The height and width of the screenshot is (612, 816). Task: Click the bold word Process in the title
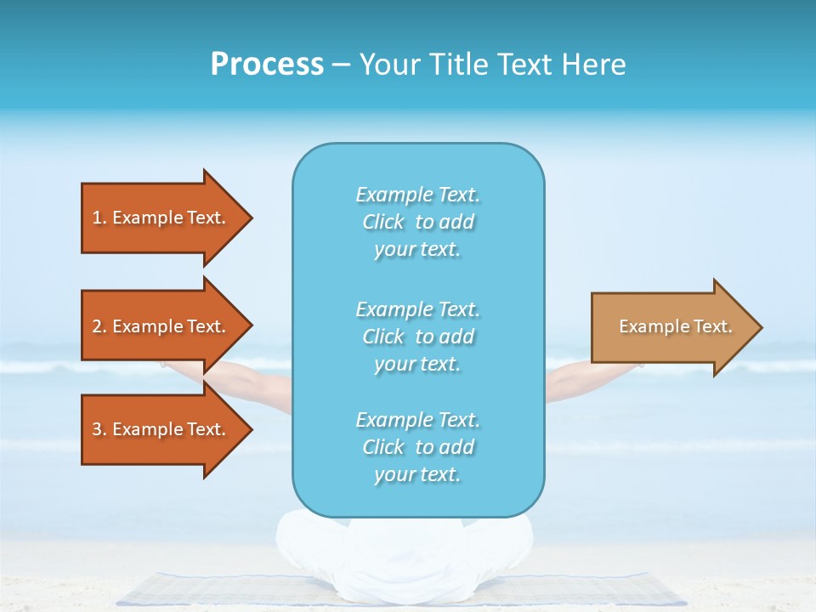[267, 65]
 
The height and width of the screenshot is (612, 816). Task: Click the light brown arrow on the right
[671, 326]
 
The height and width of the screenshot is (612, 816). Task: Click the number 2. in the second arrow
[99, 326]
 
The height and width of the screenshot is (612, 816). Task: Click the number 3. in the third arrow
[99, 429]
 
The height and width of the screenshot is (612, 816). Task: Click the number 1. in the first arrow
[99, 218]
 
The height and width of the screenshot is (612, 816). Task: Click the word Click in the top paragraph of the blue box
[383, 222]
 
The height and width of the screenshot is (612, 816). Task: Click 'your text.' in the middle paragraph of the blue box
[417, 364]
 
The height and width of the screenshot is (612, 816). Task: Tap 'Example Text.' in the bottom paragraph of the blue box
[417, 420]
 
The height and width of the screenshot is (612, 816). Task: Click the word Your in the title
[387, 65]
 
